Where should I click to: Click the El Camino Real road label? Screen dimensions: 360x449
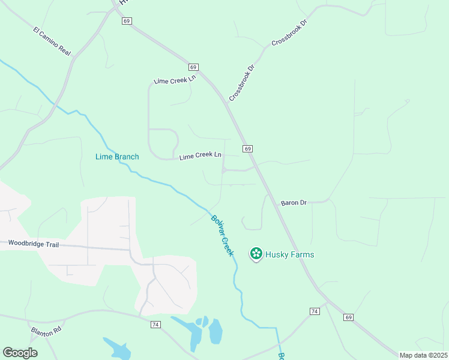point(52,41)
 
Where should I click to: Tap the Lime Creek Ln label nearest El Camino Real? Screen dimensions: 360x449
point(175,80)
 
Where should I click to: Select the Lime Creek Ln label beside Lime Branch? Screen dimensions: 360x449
point(200,155)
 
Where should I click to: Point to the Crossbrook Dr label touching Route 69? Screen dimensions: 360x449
point(241,83)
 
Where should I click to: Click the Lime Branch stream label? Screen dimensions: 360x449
point(117,157)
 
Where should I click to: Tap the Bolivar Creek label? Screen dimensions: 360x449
point(221,235)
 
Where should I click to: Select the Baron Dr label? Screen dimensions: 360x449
point(294,203)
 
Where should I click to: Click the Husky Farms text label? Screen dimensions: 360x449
point(290,254)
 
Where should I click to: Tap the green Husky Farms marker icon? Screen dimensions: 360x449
point(256,254)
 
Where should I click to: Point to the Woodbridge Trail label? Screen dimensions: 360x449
point(34,244)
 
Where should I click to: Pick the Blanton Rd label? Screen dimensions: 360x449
point(47,331)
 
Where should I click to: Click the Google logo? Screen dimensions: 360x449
point(20,353)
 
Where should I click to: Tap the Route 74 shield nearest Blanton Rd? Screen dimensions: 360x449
point(155,324)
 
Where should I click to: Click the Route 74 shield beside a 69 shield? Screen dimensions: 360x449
point(315,311)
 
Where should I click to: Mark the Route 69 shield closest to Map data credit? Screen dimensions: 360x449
point(349,317)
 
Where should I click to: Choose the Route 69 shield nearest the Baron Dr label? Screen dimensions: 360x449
point(247,148)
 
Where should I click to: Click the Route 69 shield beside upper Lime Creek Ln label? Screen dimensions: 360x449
point(193,67)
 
